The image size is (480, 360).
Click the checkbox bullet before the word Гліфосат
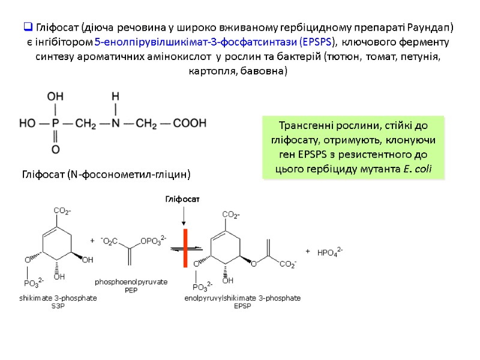(28, 28)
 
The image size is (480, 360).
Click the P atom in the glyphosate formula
(55, 124)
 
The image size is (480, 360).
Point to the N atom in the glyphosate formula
(115, 124)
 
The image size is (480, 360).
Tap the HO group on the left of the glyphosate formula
(27, 124)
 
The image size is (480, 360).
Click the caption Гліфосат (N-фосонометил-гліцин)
(106, 175)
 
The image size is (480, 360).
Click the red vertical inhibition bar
(186, 250)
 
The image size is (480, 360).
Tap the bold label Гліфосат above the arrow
(182, 199)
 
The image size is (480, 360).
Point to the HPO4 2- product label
(329, 253)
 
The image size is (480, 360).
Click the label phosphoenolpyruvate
(131, 282)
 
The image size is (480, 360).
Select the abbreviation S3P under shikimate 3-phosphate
(58, 305)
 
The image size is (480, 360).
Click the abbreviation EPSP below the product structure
(242, 305)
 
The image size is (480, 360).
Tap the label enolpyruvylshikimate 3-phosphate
(242, 298)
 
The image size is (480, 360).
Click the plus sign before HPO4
(308, 251)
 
